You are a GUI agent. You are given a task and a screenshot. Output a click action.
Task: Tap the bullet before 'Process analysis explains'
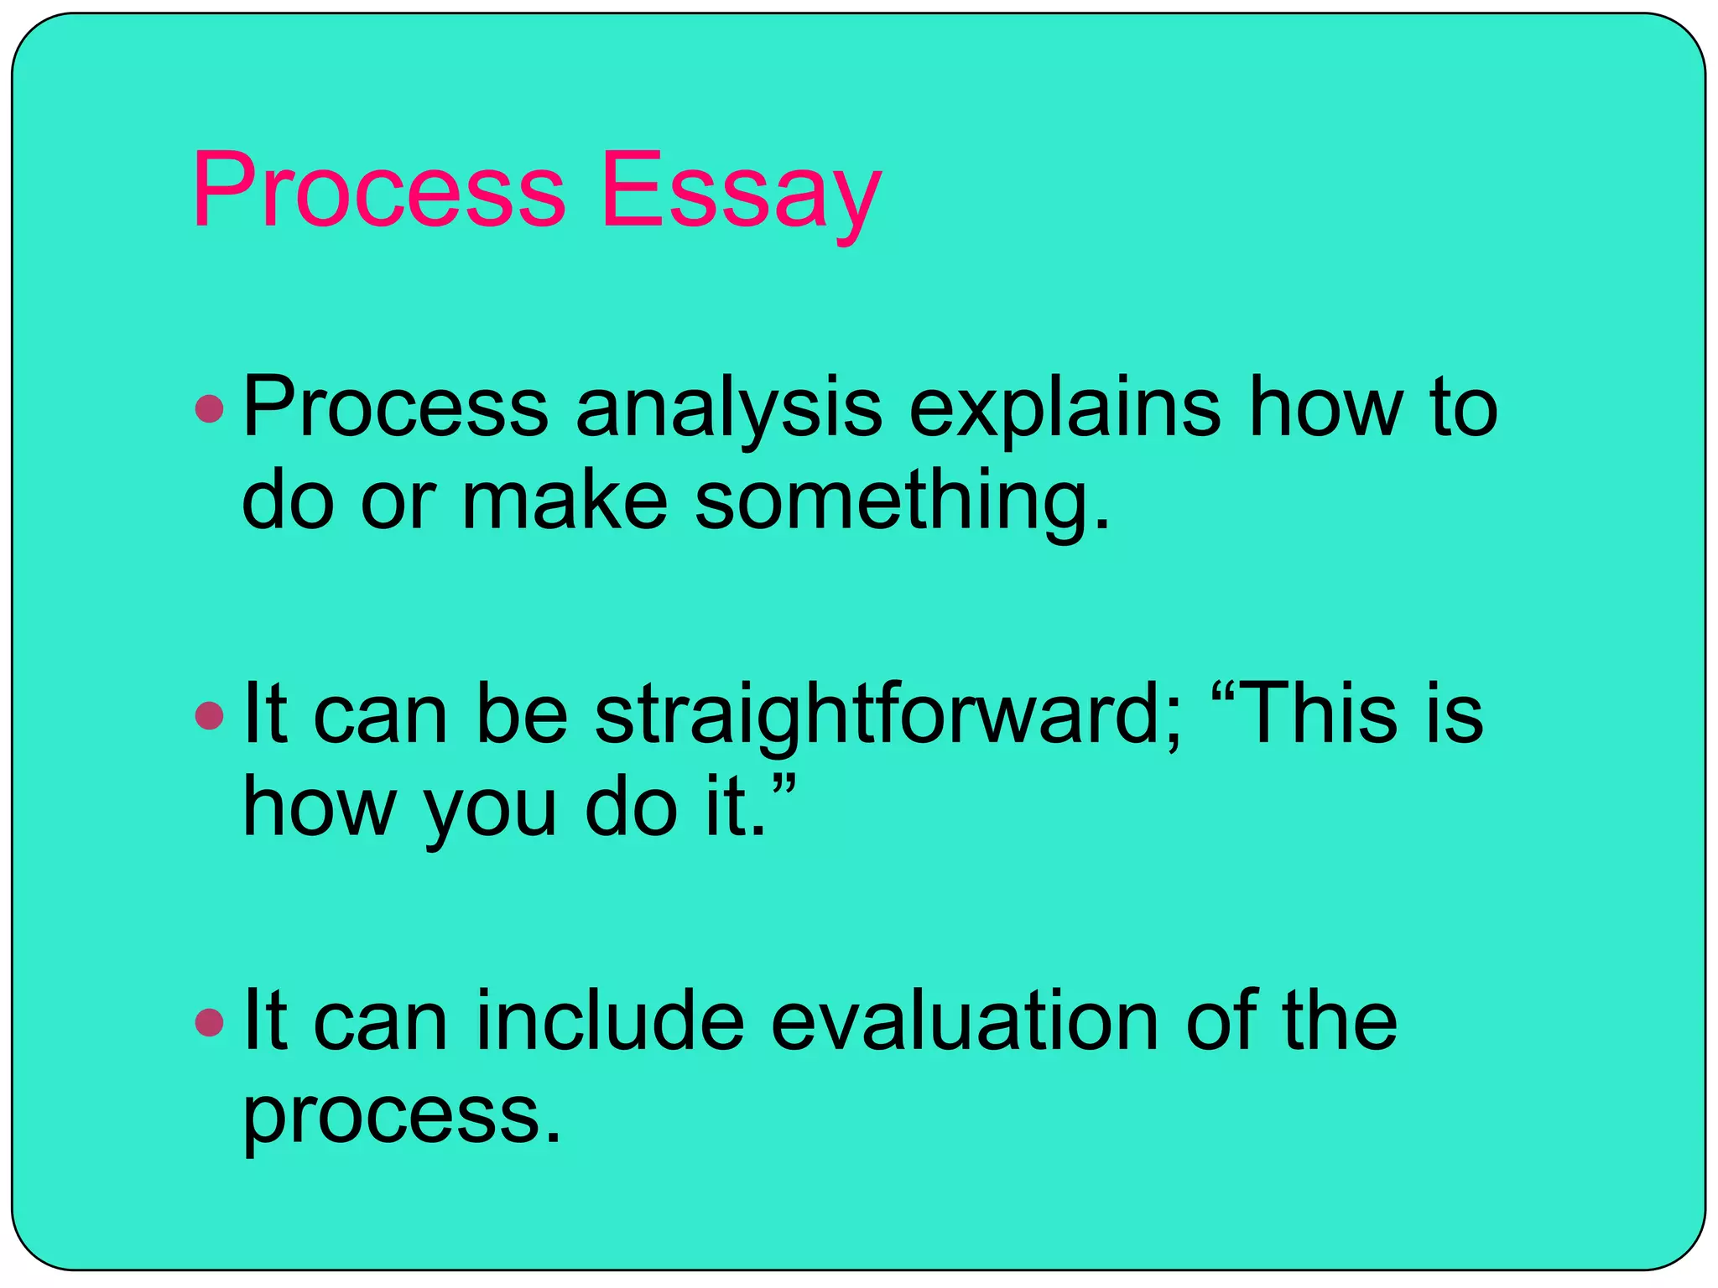click(x=209, y=409)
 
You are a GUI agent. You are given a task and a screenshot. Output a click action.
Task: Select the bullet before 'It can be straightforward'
click(x=209, y=715)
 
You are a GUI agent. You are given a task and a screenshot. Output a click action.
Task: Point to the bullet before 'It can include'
click(x=209, y=1022)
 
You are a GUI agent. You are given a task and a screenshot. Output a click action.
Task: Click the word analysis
click(x=729, y=409)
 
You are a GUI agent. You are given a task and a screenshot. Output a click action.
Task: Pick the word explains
click(x=1065, y=409)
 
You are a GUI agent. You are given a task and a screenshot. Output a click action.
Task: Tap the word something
click(x=903, y=501)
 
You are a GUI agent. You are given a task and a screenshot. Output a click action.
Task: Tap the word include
click(x=611, y=1021)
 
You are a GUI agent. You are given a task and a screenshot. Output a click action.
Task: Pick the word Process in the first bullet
click(x=395, y=409)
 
